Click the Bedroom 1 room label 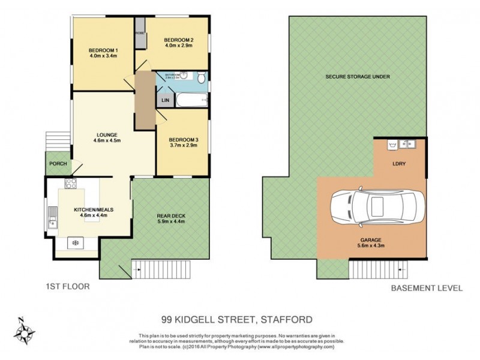[103, 50]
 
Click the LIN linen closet [165, 101]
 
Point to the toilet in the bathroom [202, 77]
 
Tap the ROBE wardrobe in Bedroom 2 [139, 34]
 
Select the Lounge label [107, 134]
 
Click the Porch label [58, 164]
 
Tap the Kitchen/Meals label [93, 209]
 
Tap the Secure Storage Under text [358, 77]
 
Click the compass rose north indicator [26, 329]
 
